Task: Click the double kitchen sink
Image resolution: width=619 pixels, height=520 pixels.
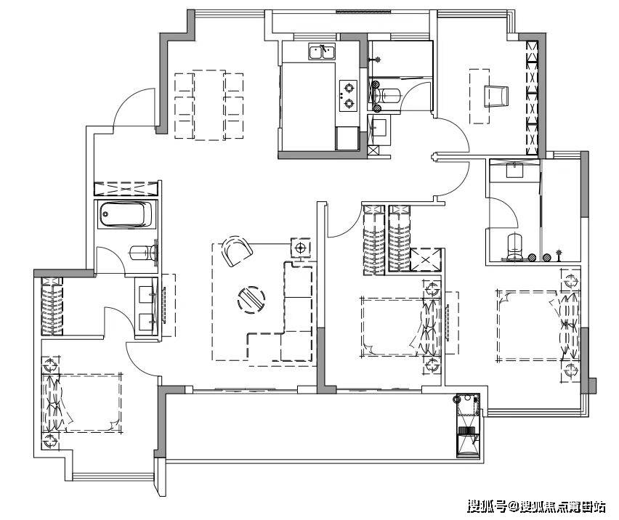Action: tap(323, 52)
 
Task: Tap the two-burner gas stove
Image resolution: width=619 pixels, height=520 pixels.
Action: tap(349, 95)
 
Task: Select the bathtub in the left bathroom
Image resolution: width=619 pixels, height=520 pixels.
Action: tap(126, 215)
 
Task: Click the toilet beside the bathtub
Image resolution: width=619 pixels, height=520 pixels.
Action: tap(144, 253)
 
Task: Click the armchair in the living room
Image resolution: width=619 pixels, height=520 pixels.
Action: tap(237, 250)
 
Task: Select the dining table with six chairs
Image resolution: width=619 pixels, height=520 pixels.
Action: tap(209, 105)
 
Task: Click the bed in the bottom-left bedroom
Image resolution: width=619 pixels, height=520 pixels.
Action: tap(81, 402)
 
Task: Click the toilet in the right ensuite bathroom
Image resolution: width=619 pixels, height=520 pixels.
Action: tap(514, 247)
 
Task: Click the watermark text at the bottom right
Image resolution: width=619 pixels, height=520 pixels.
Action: tap(536, 505)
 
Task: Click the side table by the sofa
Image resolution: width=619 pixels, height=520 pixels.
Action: tap(301, 248)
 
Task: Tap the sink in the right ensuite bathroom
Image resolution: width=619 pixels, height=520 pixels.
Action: tap(514, 171)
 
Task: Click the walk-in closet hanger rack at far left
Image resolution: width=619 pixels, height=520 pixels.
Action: tap(52, 306)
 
